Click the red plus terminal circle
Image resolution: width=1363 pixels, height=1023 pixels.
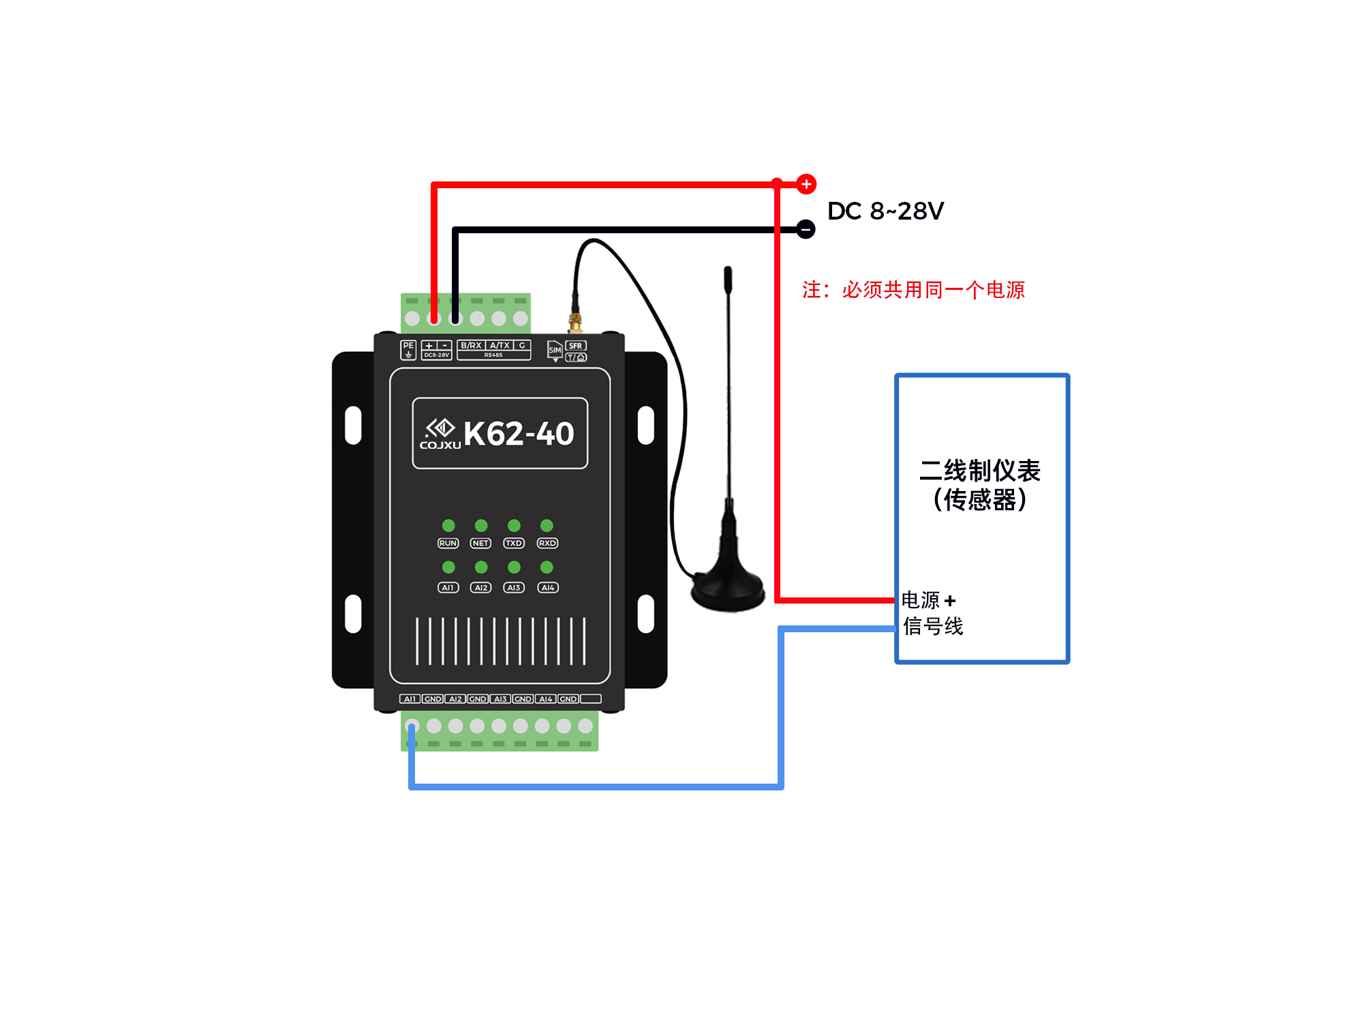tap(806, 184)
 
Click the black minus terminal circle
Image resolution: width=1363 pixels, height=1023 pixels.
tap(806, 229)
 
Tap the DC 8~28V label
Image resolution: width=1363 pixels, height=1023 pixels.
tap(885, 211)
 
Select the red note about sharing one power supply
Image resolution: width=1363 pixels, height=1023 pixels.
tap(913, 290)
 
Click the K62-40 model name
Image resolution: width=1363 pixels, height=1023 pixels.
tap(519, 434)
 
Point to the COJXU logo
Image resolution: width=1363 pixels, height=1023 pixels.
tap(440, 434)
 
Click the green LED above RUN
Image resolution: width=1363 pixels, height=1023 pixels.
tap(448, 525)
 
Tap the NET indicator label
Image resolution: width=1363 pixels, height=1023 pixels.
tap(480, 544)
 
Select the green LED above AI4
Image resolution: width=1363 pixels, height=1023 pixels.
tap(547, 567)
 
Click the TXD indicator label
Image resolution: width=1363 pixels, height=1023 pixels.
tap(514, 544)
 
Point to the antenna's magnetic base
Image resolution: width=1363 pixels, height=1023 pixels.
tap(728, 590)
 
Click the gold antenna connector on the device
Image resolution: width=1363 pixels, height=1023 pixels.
tap(575, 321)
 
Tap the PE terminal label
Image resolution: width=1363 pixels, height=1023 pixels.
tap(408, 346)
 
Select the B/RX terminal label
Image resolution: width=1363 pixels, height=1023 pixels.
tap(471, 346)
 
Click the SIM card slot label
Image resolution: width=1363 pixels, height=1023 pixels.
tap(555, 350)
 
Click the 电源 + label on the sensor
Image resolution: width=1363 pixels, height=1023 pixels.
tap(928, 600)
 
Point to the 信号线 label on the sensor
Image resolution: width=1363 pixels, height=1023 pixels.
tap(933, 626)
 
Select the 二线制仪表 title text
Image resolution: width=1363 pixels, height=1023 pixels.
tap(980, 471)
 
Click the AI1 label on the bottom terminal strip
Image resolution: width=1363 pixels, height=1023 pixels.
tap(410, 699)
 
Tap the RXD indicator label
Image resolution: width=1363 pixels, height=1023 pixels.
tap(547, 544)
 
